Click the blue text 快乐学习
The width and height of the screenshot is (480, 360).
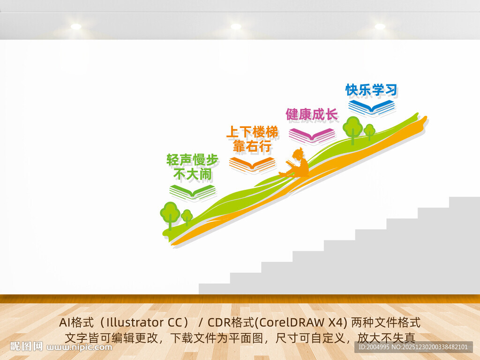click(371, 90)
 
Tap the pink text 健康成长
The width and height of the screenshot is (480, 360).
click(312, 114)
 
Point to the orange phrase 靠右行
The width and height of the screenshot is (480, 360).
click(252, 147)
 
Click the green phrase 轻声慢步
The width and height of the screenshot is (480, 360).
click(192, 160)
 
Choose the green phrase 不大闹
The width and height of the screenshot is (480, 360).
click(192, 175)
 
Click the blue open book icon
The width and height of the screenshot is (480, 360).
click(372, 107)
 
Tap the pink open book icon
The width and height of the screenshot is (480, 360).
click(312, 135)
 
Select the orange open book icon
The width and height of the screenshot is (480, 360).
click(252, 164)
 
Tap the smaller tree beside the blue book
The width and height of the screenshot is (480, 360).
click(369, 131)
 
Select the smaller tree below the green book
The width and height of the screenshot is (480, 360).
click(187, 217)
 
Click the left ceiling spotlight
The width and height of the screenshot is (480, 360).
click(76, 27)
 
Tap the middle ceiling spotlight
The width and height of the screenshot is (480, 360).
click(236, 27)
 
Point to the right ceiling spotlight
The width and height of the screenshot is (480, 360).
click(380, 27)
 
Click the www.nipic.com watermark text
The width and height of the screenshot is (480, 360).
click(80, 347)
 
